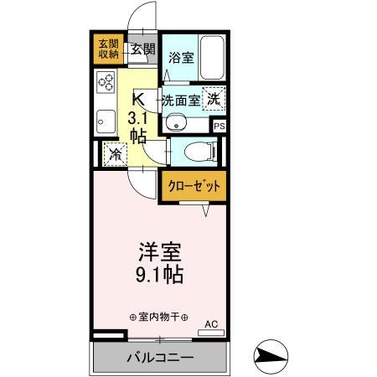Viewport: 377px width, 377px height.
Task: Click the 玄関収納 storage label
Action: (105, 49)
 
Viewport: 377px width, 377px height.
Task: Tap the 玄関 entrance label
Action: (143, 49)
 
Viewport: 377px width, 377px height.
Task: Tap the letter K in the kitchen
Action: (138, 96)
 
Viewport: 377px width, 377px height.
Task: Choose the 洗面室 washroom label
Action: (181, 98)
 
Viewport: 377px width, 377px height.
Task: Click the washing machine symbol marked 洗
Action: (215, 97)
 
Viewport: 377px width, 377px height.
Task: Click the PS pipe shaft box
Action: (219, 126)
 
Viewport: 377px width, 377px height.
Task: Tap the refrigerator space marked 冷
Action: (115, 154)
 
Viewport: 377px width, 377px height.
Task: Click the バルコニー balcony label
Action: (161, 359)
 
